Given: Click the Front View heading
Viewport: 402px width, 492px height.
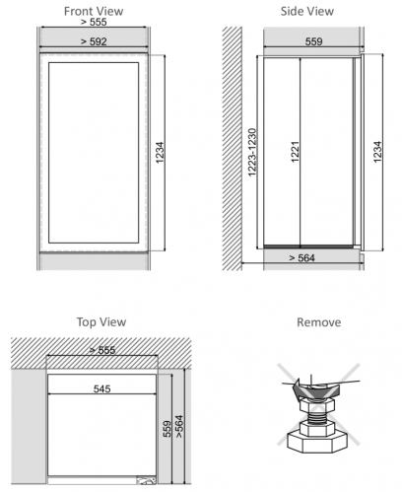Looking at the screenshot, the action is [94, 11].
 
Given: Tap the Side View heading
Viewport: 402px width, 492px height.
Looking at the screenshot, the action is [307, 11].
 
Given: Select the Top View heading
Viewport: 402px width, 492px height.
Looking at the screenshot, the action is [101, 321].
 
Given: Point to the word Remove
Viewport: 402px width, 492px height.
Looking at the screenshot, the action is [318, 322].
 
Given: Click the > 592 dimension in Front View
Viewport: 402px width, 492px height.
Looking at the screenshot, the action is [94, 41].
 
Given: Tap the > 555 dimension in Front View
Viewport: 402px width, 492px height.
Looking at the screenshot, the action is [94, 22].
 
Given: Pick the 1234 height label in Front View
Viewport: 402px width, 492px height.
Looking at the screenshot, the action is [160, 153].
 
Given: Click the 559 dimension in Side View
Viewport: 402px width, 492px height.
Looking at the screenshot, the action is [313, 41].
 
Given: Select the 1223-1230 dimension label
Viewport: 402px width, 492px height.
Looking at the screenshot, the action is [252, 152].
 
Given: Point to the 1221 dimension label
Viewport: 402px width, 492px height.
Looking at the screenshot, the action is [295, 152].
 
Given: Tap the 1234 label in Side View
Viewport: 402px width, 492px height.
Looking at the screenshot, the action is [377, 152].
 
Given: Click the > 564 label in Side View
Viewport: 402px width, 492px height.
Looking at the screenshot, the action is [301, 258].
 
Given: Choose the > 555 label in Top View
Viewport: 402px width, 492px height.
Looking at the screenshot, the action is [102, 350].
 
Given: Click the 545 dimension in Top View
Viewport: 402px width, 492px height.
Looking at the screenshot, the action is [101, 388].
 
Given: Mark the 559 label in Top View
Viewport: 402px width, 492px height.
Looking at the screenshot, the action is [167, 429].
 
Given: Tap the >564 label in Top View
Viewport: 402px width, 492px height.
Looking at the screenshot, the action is [179, 426].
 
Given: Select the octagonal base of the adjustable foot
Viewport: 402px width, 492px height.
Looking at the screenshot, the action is [317, 443].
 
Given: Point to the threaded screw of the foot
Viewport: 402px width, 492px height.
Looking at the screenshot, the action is [316, 416].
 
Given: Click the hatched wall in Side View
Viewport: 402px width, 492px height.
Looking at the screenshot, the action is [233, 149].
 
